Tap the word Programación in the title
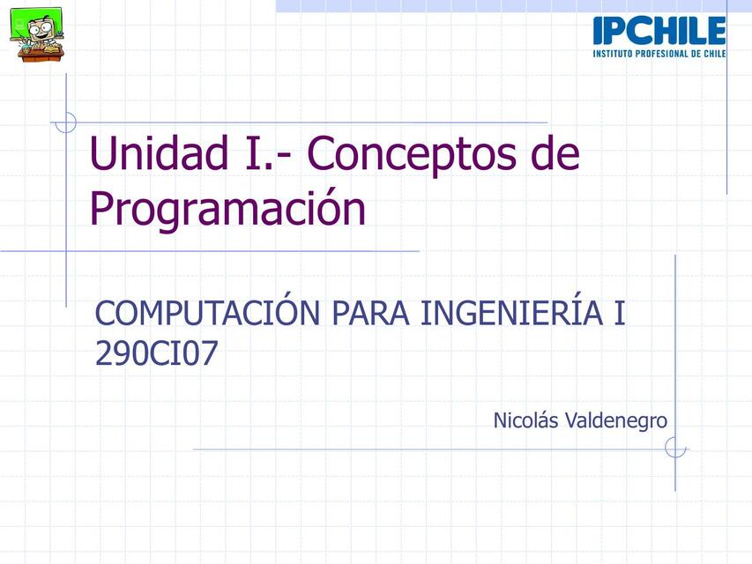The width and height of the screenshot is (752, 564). pos(227,210)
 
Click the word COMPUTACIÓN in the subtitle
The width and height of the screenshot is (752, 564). pos(207,314)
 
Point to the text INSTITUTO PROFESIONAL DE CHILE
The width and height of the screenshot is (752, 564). pos(659,53)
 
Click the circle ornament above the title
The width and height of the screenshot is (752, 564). pos(66,122)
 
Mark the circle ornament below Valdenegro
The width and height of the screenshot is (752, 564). pos(675,449)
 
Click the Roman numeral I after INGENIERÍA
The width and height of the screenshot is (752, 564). pos(620,314)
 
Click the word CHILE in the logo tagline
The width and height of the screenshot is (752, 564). pos(711,53)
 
